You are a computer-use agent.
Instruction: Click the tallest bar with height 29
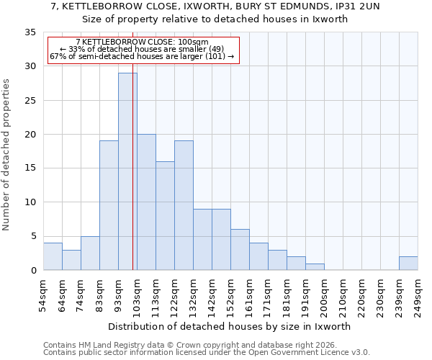click(x=127, y=171)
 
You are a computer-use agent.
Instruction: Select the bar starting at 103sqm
click(x=146, y=202)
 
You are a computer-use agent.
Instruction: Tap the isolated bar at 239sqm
click(x=408, y=264)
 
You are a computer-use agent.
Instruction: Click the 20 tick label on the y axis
click(x=30, y=135)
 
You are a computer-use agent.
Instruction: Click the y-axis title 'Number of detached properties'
click(x=6, y=155)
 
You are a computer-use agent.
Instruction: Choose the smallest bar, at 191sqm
click(x=315, y=267)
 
